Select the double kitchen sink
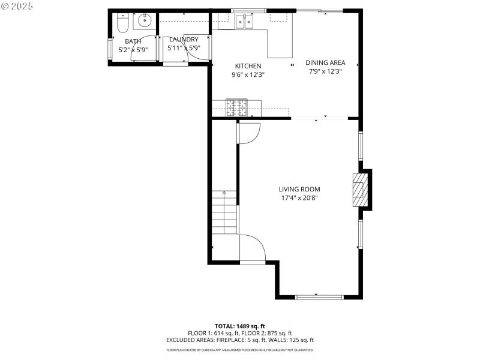pyautogui.click(x=245, y=22)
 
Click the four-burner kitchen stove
pyautogui.click(x=236, y=107)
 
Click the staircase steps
pyautogui.click(x=224, y=212)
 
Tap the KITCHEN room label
pyautogui.click(x=248, y=66)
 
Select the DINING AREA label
pyautogui.click(x=325, y=62)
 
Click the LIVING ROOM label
pyautogui.click(x=299, y=189)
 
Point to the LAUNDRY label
pyautogui.click(x=184, y=40)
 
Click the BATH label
pyautogui.click(x=133, y=41)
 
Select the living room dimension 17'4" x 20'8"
pyautogui.click(x=299, y=198)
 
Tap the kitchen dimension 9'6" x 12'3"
pyautogui.click(x=248, y=75)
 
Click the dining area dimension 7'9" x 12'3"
pyautogui.click(x=325, y=71)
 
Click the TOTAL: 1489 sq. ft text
pyautogui.click(x=240, y=326)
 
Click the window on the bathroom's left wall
pyautogui.click(x=109, y=49)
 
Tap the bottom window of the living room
pyautogui.click(x=320, y=296)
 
